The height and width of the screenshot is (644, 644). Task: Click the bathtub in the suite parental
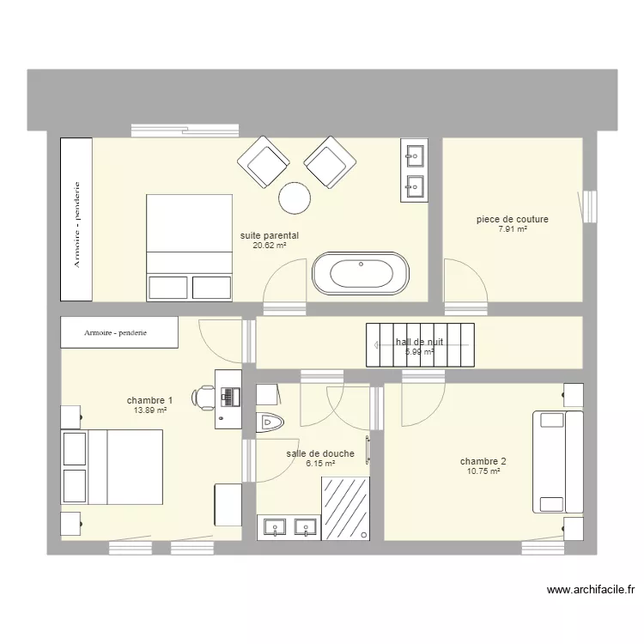pyautogui.click(x=361, y=275)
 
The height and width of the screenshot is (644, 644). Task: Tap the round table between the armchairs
pyautogui.click(x=295, y=198)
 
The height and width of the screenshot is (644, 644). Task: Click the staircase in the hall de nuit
pyautogui.click(x=421, y=344)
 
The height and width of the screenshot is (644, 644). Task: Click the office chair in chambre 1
pyautogui.click(x=205, y=396)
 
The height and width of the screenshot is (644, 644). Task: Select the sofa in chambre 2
pyautogui.click(x=550, y=461)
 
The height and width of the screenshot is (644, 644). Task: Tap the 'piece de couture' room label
pyautogui.click(x=513, y=220)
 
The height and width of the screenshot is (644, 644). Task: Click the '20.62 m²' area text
pyautogui.click(x=269, y=245)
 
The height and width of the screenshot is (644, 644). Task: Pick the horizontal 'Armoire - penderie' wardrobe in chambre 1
pyautogui.click(x=119, y=331)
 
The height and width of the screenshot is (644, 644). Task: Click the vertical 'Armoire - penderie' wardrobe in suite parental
pyautogui.click(x=76, y=219)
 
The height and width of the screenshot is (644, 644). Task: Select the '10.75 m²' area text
pyautogui.click(x=483, y=471)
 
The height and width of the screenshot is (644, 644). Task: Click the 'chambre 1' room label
pyautogui.click(x=149, y=400)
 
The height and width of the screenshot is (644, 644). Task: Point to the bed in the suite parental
pyautogui.click(x=190, y=247)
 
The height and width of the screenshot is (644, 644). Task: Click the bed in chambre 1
pyautogui.click(x=112, y=466)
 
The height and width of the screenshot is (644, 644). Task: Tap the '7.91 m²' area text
pyautogui.click(x=512, y=229)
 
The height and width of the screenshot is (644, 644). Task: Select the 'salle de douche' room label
pyautogui.click(x=319, y=453)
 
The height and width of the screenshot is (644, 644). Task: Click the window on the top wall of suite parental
pyautogui.click(x=185, y=131)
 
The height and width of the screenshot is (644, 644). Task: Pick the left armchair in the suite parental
pyautogui.click(x=263, y=162)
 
